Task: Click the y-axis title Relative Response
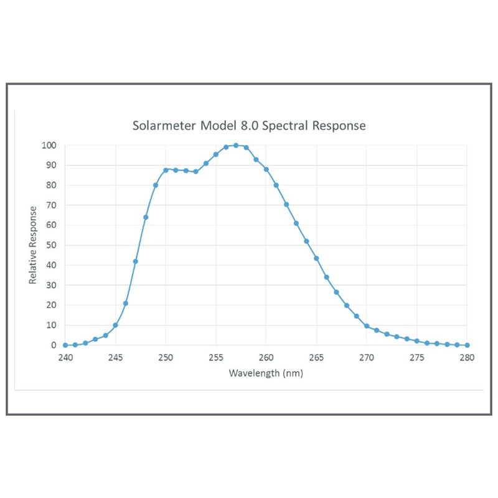33,245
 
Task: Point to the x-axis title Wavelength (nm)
266,374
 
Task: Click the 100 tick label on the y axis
49,146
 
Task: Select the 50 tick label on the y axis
52,245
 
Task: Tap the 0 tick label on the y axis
54,345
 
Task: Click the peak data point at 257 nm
236,146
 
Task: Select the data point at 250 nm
166,170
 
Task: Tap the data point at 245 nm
115,325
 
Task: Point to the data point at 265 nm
316,258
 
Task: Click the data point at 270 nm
367,326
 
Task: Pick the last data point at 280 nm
467,345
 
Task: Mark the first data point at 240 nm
65,345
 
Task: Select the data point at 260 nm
266,169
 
